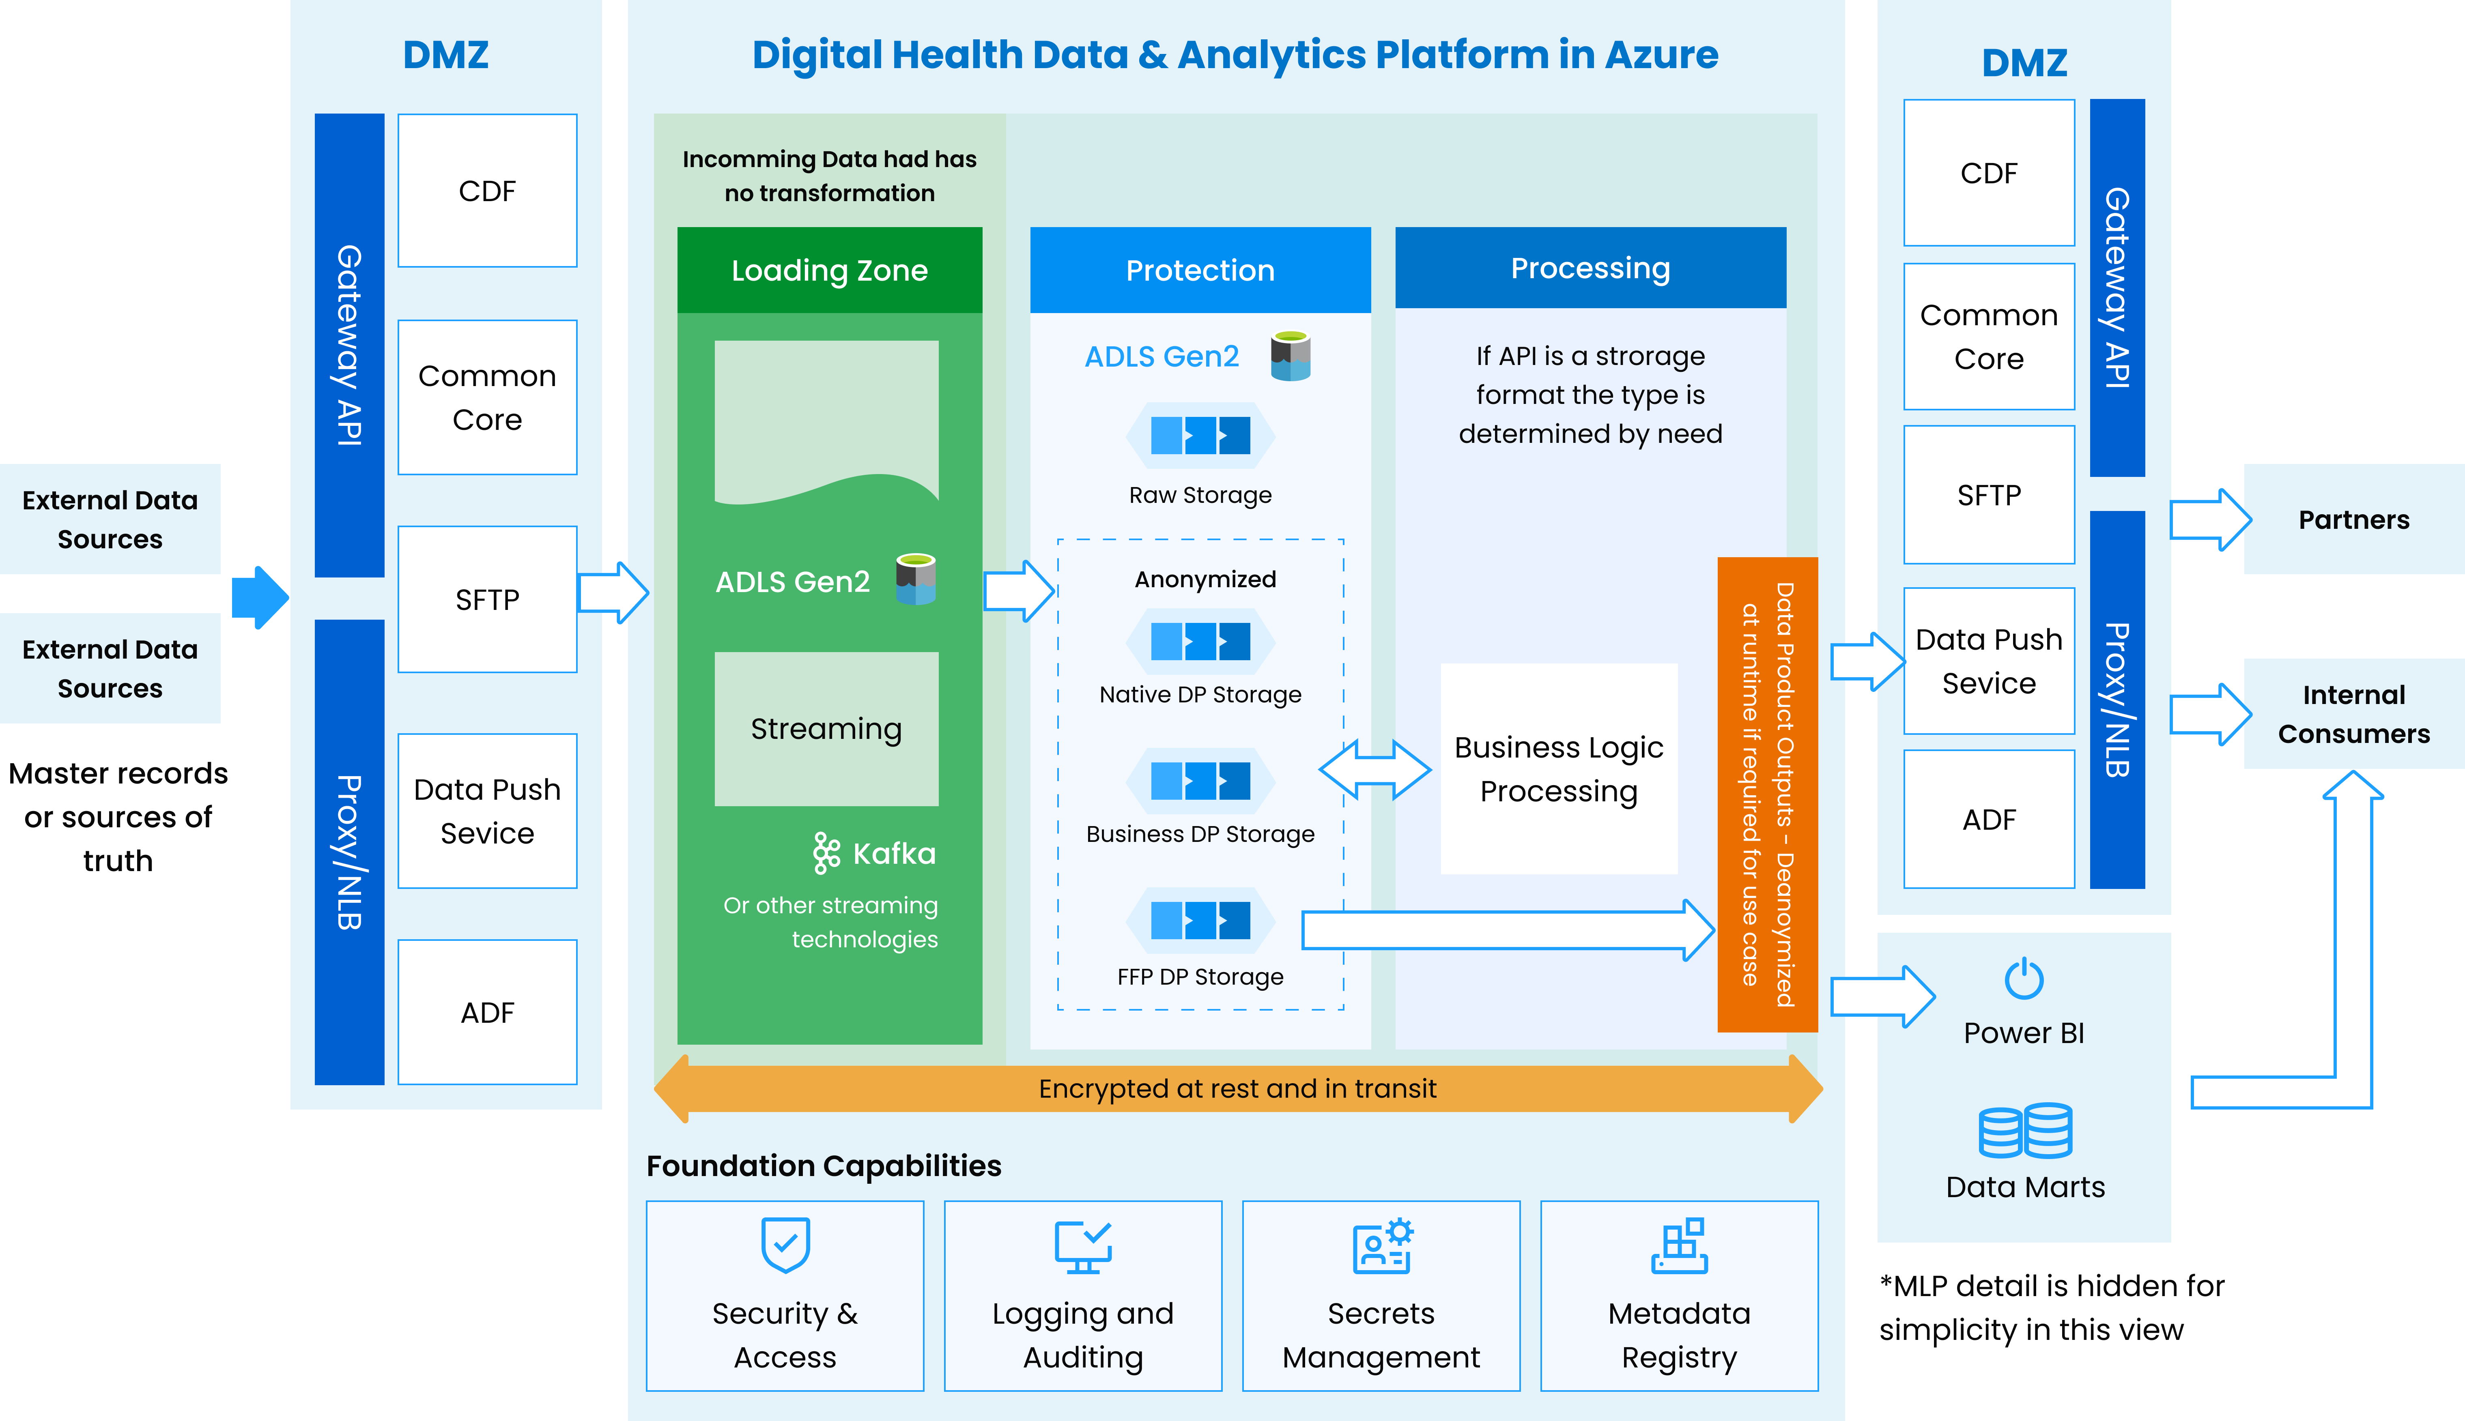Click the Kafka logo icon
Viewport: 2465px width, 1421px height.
coord(826,853)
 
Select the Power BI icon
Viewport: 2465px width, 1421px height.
coord(2024,979)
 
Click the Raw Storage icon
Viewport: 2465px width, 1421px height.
coord(1200,435)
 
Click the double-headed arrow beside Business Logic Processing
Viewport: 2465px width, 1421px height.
coord(1374,769)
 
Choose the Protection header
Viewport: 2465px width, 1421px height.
coord(1200,270)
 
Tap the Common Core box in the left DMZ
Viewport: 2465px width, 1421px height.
coord(487,397)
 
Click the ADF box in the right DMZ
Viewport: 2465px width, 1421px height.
coord(1989,819)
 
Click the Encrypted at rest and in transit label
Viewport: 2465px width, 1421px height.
coord(1237,1088)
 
